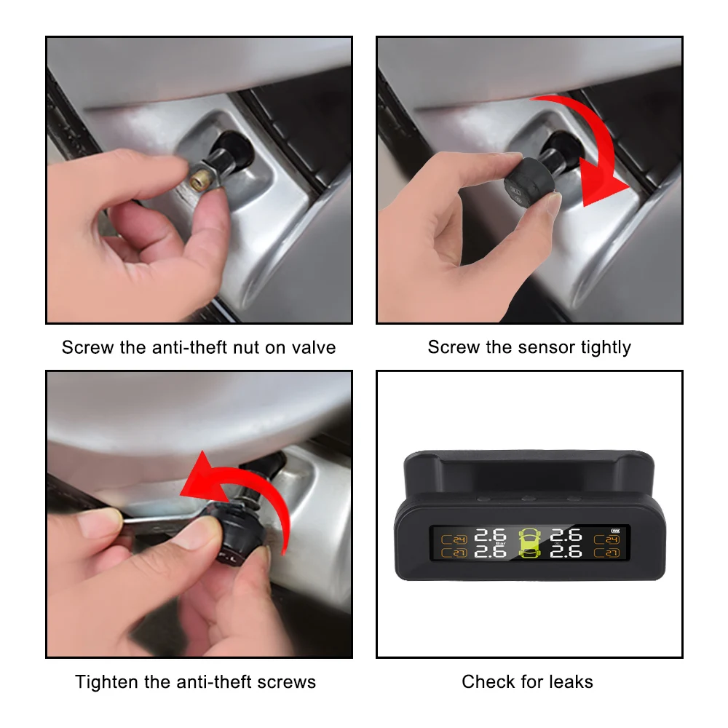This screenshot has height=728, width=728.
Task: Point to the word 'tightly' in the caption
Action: coord(606,347)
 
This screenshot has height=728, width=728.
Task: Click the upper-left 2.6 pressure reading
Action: coord(490,536)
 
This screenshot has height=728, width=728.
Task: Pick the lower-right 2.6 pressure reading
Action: coord(566,553)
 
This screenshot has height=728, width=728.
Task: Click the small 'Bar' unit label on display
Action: coord(499,544)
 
